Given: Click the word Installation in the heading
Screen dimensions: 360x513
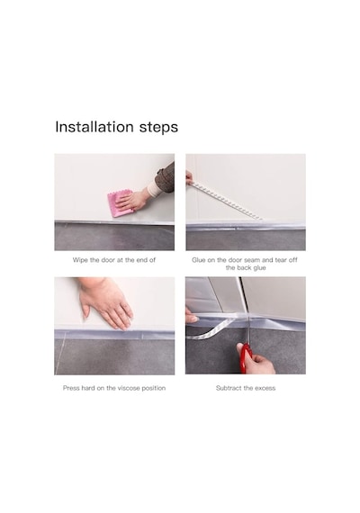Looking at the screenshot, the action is pos(94,127).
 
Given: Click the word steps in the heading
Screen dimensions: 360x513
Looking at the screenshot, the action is pos(158,128).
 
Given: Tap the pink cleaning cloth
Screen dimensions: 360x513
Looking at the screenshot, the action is pos(121,203).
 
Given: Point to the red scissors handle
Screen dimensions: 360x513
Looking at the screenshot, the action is pos(245,357).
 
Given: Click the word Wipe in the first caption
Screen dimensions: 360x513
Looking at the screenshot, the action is pos(80,260).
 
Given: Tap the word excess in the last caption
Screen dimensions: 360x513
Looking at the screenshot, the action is pos(265,388).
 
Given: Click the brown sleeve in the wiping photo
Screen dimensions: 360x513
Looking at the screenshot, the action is pos(166,177).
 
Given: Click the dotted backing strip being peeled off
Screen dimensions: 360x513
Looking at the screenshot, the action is pos(226,201).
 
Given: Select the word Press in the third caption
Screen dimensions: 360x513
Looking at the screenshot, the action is pos(71,388).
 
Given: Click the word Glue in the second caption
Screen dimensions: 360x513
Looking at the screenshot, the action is pos(199,260).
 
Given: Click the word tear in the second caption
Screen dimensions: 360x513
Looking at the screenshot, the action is pos(281,260).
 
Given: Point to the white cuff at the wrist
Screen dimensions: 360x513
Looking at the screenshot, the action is pos(154,189).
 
